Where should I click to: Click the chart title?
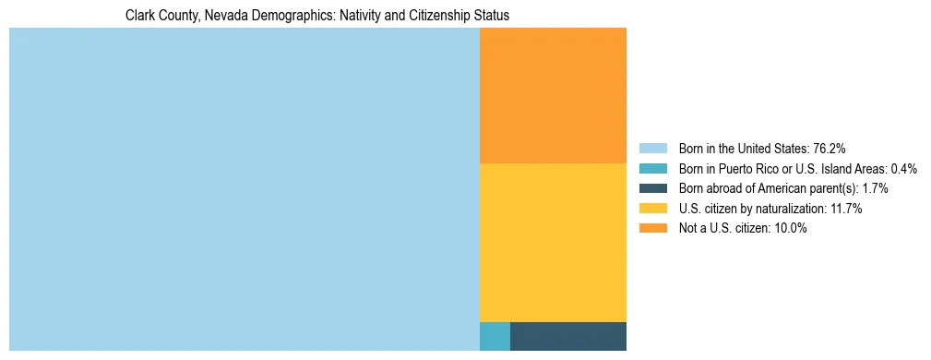[x=317, y=16]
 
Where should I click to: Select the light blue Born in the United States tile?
[x=245, y=189]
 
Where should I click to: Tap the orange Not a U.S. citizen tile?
[x=553, y=95]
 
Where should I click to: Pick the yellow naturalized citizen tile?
[x=553, y=242]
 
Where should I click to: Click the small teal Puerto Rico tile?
[x=495, y=336]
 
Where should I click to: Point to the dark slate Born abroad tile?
[x=567, y=336]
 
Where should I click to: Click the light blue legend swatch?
[x=653, y=148]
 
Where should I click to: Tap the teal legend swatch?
[x=653, y=168]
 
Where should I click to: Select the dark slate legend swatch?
[x=653, y=188]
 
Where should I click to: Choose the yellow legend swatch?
[x=653, y=209]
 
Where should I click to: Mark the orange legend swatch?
[x=653, y=228]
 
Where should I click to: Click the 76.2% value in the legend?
[x=829, y=148]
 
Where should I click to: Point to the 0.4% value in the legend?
[x=903, y=168]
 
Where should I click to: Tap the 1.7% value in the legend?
[x=872, y=188]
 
